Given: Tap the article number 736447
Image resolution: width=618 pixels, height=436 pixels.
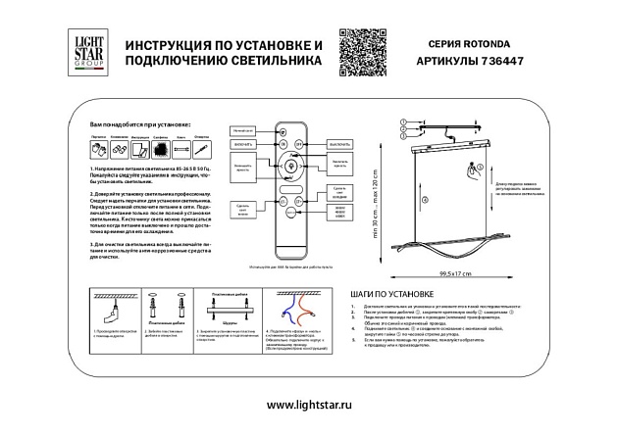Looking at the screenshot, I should point(504,59).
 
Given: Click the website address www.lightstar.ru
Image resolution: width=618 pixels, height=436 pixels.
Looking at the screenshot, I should point(309,405).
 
